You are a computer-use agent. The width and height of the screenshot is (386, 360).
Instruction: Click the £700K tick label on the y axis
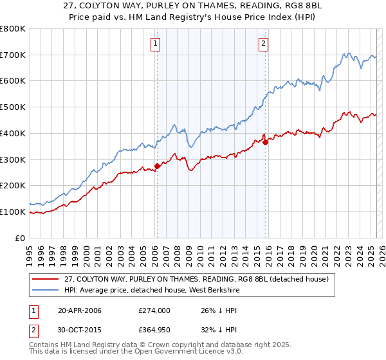[x=13, y=55]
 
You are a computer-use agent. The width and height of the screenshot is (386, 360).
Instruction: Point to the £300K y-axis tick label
[x=13, y=159]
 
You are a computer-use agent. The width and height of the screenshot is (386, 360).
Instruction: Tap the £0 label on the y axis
[x=21, y=238]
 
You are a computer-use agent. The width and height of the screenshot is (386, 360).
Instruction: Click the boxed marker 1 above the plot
[x=156, y=44]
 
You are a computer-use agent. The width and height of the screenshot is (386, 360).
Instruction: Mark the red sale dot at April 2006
[x=157, y=166]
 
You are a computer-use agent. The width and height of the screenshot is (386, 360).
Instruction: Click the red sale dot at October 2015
[x=265, y=143]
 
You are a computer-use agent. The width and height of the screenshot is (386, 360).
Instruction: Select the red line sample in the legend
[x=46, y=279]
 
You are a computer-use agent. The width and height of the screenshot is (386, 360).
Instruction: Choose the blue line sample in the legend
[x=46, y=290]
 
